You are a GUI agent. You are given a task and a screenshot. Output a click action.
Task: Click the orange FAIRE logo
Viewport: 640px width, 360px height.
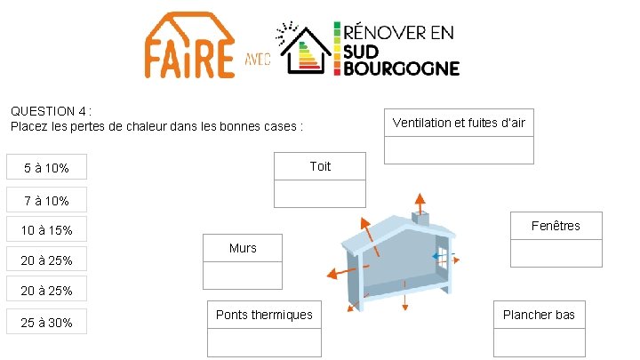[x=190, y=45]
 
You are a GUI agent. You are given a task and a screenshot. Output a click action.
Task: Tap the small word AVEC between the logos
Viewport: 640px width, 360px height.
[x=258, y=62]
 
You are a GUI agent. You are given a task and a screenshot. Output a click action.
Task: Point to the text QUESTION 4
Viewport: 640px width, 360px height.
[x=50, y=112]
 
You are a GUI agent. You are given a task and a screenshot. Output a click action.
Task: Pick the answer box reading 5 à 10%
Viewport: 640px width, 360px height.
[x=46, y=168]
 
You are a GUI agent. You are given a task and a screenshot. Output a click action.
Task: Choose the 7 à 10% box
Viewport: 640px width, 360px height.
[x=46, y=201]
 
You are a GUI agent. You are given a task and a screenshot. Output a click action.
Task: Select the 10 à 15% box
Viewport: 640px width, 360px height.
[x=46, y=230]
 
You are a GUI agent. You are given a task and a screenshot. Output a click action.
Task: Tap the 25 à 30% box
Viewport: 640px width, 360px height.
[x=46, y=322]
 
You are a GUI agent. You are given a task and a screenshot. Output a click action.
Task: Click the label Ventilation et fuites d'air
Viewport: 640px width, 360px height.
[x=459, y=123]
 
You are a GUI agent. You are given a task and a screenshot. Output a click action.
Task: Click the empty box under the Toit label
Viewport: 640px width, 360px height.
[x=320, y=193]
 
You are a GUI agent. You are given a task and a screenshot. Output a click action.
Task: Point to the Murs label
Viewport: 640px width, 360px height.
[x=243, y=248]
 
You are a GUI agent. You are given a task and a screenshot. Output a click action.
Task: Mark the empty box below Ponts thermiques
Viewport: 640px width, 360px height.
[x=264, y=342]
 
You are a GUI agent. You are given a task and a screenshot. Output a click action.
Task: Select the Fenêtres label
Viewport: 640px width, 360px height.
[x=556, y=226]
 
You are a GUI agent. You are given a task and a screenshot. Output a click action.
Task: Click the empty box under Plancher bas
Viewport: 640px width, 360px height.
[x=539, y=342]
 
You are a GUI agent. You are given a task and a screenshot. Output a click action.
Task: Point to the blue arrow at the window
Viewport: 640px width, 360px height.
[x=439, y=257]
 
